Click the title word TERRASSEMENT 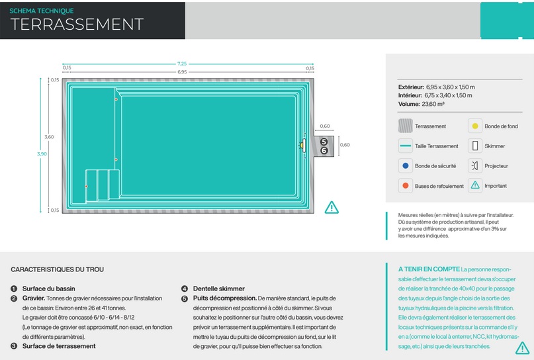(x=77, y=24)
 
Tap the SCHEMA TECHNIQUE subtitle (x=42, y=11)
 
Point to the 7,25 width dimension (x=182, y=64)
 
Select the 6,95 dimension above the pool (x=182, y=72)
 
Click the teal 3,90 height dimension (x=42, y=154)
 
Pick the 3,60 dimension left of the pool (x=49, y=137)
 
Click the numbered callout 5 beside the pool (x=324, y=142)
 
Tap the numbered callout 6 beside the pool (x=324, y=150)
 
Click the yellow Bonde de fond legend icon (x=474, y=126)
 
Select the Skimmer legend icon (x=474, y=146)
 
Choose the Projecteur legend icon (x=474, y=166)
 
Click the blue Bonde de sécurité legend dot (x=405, y=166)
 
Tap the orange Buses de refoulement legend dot (x=405, y=185)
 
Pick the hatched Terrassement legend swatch (x=405, y=126)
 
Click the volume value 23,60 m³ (x=433, y=104)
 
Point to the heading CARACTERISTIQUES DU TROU (x=57, y=269)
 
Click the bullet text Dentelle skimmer (x=219, y=289)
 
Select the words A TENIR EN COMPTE (x=429, y=269)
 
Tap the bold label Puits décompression (x=225, y=298)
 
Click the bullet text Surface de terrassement (x=59, y=346)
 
